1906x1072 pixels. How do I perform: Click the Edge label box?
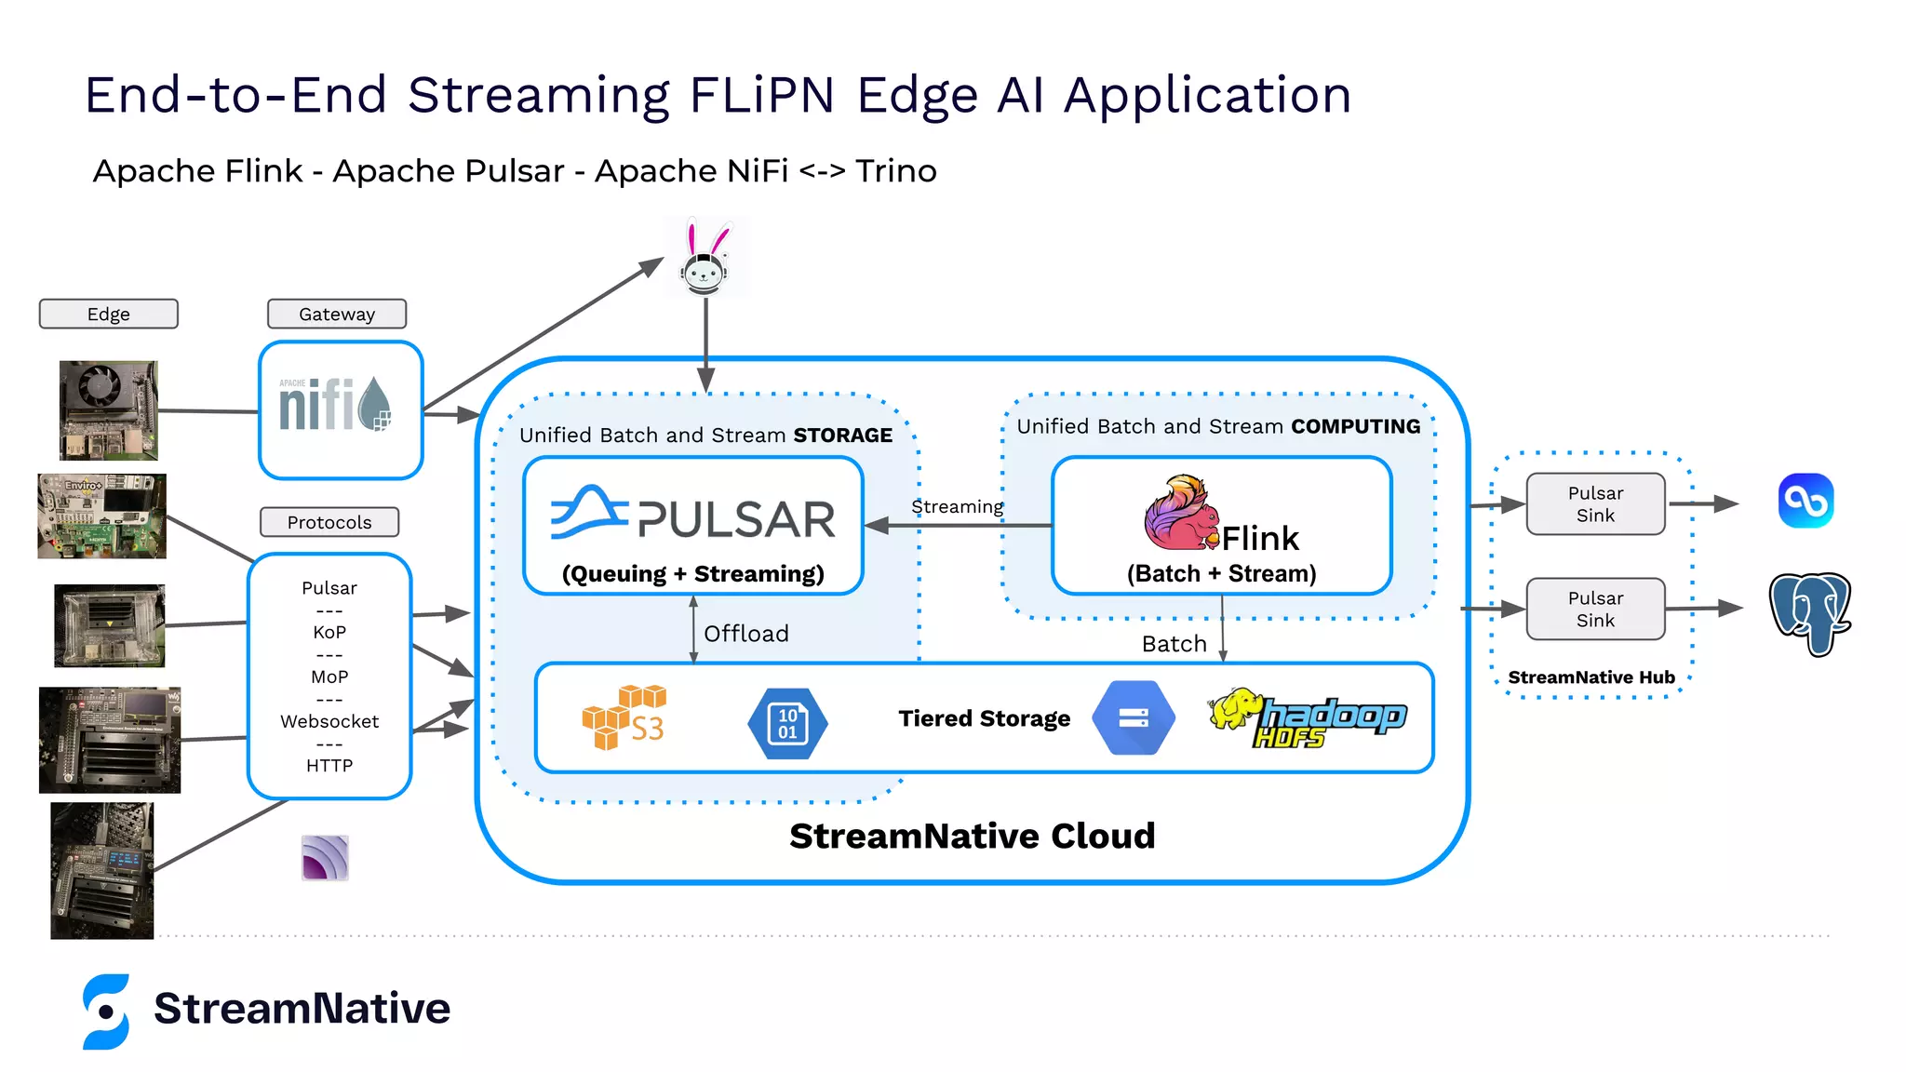click(x=108, y=314)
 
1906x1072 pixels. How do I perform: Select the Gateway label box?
click(x=336, y=314)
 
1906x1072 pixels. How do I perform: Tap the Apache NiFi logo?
click(x=336, y=406)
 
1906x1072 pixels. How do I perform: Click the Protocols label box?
click(x=329, y=522)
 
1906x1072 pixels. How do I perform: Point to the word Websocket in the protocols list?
click(x=329, y=721)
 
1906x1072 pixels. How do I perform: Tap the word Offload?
click(x=745, y=634)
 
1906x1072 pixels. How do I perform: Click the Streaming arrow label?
click(x=957, y=507)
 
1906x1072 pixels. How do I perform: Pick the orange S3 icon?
click(x=624, y=717)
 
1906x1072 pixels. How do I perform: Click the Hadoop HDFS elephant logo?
click(x=1307, y=717)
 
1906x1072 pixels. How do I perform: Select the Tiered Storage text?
click(x=984, y=718)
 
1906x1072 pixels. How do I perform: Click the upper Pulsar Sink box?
click(x=1594, y=503)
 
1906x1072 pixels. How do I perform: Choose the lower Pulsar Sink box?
click(x=1594, y=609)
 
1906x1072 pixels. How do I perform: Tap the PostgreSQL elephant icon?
click(x=1809, y=613)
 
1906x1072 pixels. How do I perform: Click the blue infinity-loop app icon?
click(x=1805, y=501)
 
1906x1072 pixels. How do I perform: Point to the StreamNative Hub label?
click(x=1591, y=677)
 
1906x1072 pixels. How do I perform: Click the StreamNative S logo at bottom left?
click(x=106, y=1012)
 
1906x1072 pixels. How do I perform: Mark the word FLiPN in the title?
click(x=760, y=95)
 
